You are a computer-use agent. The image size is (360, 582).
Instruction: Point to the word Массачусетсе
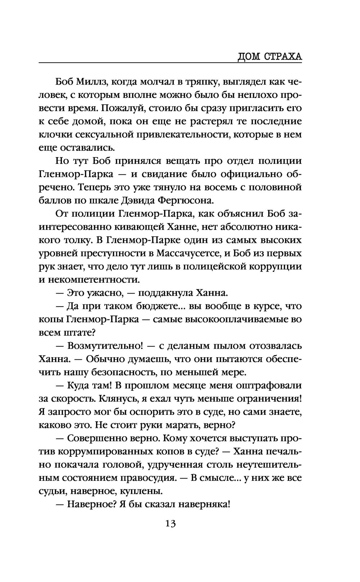pos(189,254)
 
